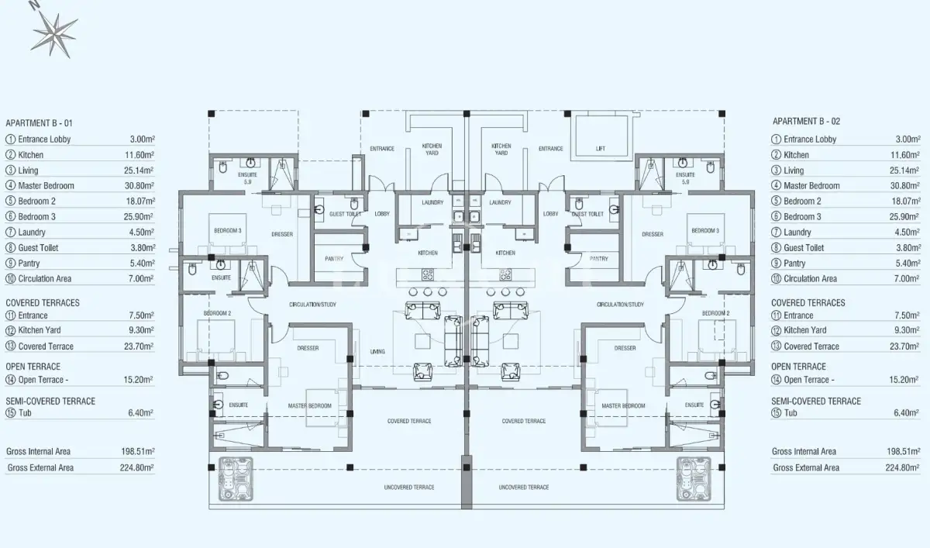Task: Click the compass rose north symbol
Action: [54, 33]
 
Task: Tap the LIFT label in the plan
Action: [601, 149]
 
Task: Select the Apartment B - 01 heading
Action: [39, 123]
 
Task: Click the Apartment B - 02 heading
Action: [806, 121]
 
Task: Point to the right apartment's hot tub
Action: [694, 479]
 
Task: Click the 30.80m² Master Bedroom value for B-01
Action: [139, 185]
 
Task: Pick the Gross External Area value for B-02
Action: [903, 467]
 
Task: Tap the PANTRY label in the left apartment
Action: [334, 259]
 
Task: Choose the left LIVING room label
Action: [377, 352]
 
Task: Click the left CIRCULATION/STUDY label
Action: [312, 305]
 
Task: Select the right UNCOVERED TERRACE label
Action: [524, 487]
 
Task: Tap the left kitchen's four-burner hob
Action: [428, 274]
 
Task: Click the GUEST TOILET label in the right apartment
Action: [587, 214]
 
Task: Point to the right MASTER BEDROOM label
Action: [623, 405]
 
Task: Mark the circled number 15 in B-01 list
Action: [10, 412]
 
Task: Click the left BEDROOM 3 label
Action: [228, 230]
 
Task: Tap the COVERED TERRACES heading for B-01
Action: [43, 302]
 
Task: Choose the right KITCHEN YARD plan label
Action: [501, 150]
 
